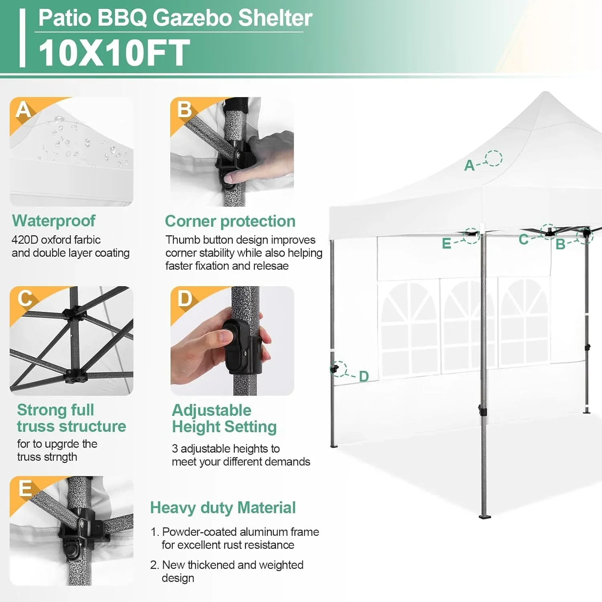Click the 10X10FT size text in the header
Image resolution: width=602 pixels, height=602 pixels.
[114, 53]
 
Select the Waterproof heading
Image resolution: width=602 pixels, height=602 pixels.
[54, 221]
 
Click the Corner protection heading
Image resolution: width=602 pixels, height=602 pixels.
[230, 221]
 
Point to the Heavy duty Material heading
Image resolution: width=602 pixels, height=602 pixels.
[223, 508]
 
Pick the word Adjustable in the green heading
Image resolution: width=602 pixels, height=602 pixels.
[212, 410]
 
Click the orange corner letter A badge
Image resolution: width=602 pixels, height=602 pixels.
[23, 110]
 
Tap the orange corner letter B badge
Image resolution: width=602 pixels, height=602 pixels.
[184, 109]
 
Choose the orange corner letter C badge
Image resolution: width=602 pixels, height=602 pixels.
[24, 299]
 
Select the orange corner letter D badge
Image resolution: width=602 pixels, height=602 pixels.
[185, 299]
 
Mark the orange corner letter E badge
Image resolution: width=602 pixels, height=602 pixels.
[25, 488]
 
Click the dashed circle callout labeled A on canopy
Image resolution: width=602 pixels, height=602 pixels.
[493, 158]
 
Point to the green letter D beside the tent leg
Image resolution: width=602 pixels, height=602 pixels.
[364, 376]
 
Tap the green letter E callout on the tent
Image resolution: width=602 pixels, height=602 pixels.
[446, 244]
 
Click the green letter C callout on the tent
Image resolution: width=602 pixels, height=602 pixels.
[523, 239]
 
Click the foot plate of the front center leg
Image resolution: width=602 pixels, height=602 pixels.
[485, 516]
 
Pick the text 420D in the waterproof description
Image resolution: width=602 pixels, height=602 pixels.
[24, 240]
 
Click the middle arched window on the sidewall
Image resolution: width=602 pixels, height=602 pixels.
[468, 325]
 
